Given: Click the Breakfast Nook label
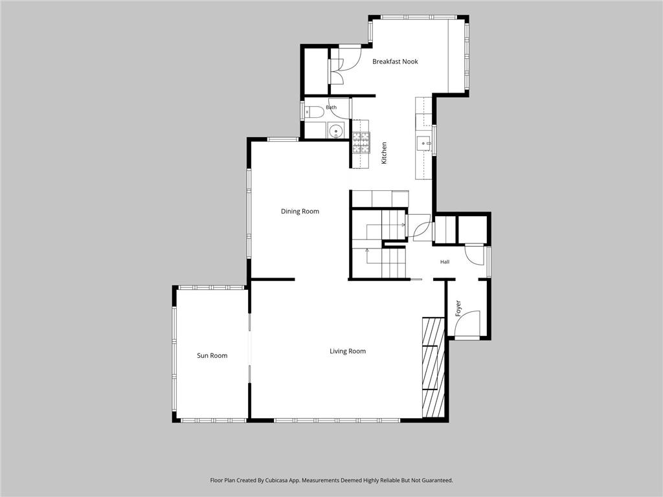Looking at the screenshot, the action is [x=395, y=61].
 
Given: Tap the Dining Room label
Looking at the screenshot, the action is [x=300, y=212].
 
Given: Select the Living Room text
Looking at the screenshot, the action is [x=348, y=351].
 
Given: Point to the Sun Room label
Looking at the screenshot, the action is [x=212, y=356].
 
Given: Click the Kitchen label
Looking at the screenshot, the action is [x=384, y=153].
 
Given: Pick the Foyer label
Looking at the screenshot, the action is [x=458, y=309].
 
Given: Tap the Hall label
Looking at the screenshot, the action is [x=444, y=262].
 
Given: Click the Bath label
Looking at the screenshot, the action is [x=331, y=107].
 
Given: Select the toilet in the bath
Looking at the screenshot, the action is [x=314, y=112].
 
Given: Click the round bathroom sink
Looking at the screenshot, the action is [x=337, y=131].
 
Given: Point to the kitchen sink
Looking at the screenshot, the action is [x=423, y=144].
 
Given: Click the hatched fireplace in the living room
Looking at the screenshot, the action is [x=433, y=368].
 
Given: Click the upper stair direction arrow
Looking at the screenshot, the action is [x=403, y=225].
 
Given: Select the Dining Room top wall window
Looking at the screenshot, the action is [x=283, y=139].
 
